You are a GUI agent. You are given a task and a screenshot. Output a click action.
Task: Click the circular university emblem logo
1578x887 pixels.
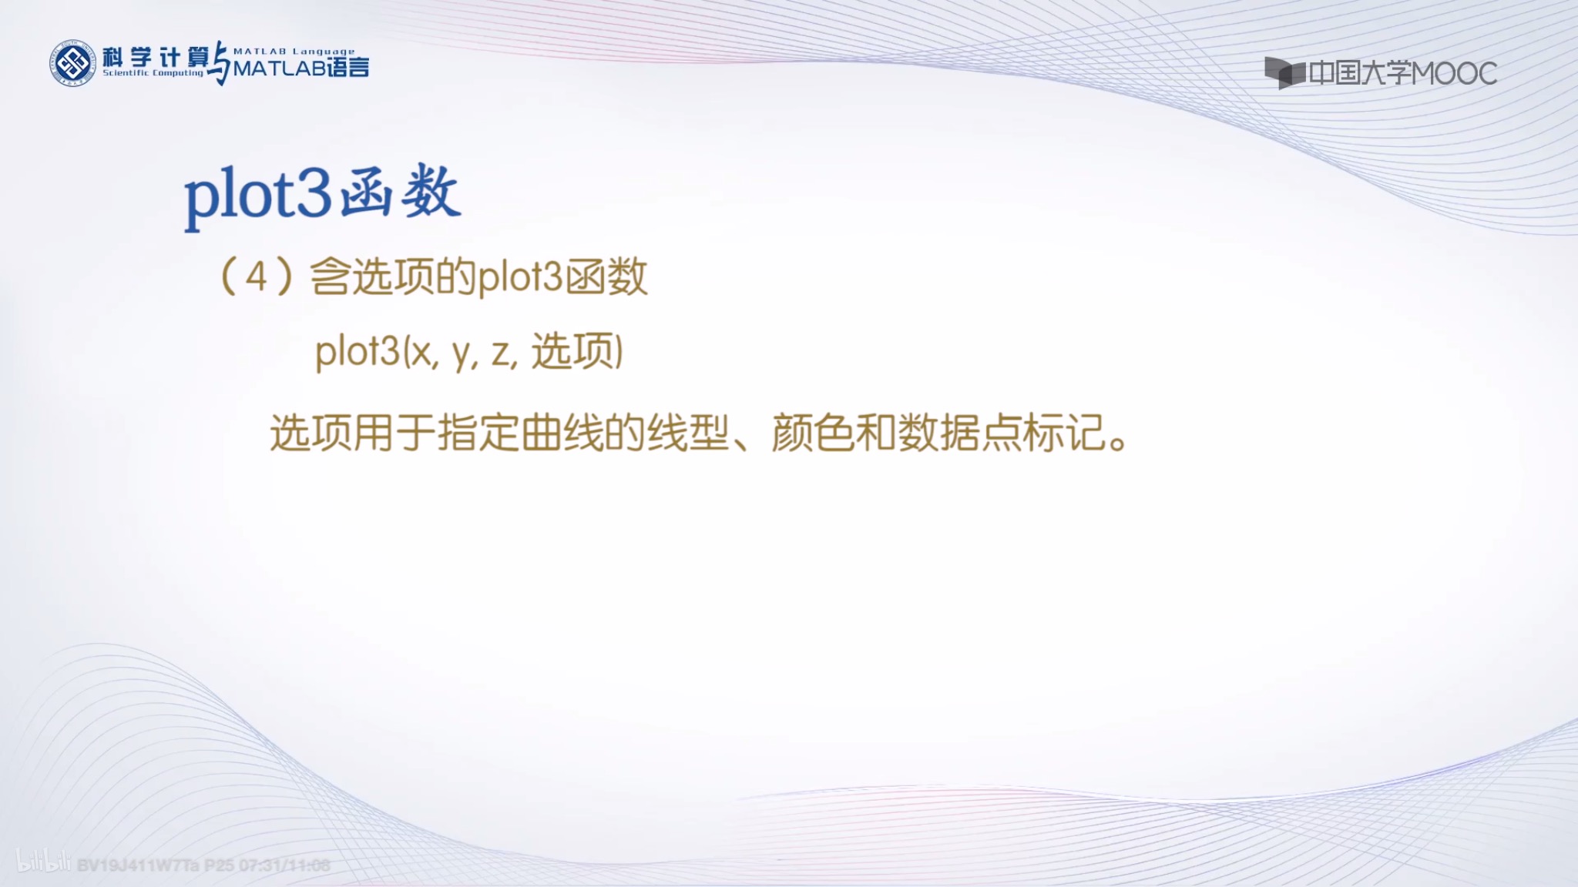click(72, 63)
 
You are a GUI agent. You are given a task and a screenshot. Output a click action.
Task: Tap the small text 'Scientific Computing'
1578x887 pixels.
click(153, 73)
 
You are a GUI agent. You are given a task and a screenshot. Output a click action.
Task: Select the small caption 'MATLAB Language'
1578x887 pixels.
click(294, 52)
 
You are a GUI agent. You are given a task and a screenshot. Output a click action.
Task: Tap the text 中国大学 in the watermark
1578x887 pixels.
click(1360, 73)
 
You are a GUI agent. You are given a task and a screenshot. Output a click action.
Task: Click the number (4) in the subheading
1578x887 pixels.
click(256, 277)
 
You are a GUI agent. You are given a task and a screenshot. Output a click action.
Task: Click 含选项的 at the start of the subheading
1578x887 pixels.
click(392, 277)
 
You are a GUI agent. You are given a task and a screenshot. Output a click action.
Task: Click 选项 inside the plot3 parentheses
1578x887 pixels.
click(573, 352)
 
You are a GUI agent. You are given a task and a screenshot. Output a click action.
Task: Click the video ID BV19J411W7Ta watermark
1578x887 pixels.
click(139, 865)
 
